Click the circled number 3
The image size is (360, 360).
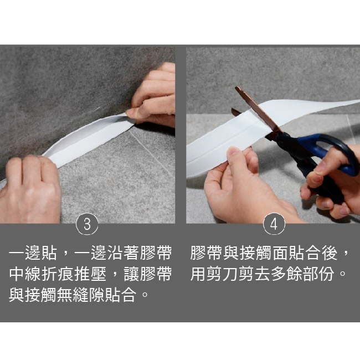click(87, 224)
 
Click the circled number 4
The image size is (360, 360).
click(274, 224)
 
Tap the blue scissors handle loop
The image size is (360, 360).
click(331, 152)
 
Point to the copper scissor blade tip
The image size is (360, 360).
click(236, 88)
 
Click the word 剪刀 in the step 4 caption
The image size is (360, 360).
click(222, 274)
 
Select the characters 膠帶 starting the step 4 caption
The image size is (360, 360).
click(206, 253)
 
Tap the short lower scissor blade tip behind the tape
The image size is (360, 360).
click(233, 109)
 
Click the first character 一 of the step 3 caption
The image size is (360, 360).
click(17, 253)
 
